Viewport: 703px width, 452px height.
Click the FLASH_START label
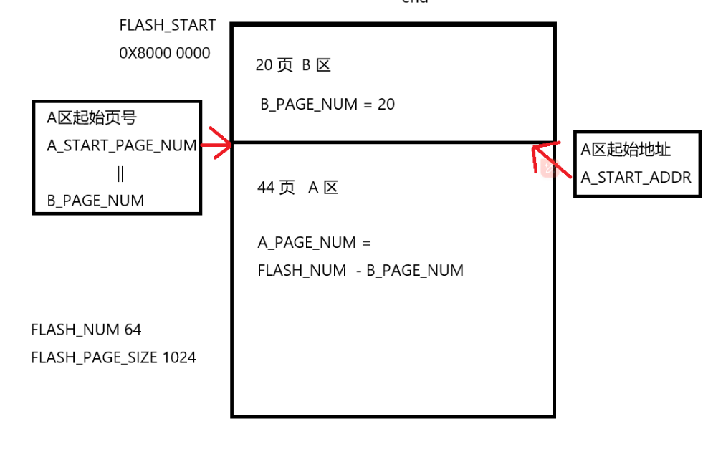[168, 26]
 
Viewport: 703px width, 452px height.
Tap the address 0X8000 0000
[165, 53]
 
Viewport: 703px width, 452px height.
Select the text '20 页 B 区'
[293, 66]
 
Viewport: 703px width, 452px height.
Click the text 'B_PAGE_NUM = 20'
[327, 105]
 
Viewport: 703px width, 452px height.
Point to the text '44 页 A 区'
[297, 188]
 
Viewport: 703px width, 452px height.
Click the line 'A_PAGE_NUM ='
[315, 243]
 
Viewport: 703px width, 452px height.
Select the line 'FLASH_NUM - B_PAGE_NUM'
[360, 271]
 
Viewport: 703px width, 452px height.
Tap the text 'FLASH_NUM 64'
[86, 330]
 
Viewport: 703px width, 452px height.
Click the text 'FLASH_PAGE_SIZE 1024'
[113, 357]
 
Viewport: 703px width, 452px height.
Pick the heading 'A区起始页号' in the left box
[92, 118]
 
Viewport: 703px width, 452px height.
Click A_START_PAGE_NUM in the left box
[122, 146]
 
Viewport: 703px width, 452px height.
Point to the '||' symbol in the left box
[120, 173]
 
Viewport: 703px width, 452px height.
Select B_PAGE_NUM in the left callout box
[95, 201]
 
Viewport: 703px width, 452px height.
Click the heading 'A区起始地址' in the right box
[626, 150]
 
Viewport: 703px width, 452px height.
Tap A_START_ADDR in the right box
[636, 178]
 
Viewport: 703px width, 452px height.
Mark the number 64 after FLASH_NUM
[133, 330]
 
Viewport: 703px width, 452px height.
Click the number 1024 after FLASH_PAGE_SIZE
[178, 357]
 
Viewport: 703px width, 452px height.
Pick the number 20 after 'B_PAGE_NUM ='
[386, 105]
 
